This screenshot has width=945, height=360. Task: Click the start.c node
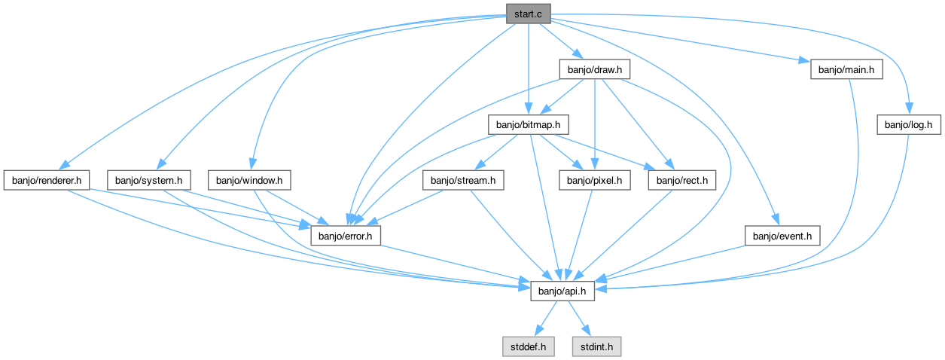528,14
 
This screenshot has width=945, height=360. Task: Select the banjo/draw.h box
595,69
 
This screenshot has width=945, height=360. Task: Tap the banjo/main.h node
846,69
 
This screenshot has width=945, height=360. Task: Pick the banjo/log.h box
909,125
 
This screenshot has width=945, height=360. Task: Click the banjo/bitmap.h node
528,125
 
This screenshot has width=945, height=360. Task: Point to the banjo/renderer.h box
47,181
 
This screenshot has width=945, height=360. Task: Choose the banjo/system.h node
149,181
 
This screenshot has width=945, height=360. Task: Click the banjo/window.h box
249,181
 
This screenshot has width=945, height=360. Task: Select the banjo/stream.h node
463,181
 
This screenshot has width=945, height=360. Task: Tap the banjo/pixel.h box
595,181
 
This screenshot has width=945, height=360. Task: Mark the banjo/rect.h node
682,181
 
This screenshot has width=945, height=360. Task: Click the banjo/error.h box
346,236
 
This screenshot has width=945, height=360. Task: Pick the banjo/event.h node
782,236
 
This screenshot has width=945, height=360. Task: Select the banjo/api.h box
562,291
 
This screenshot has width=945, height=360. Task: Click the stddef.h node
528,347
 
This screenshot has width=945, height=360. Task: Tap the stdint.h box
596,347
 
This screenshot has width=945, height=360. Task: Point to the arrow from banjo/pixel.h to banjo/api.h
579,236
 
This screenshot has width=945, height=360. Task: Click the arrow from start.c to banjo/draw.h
562,41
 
